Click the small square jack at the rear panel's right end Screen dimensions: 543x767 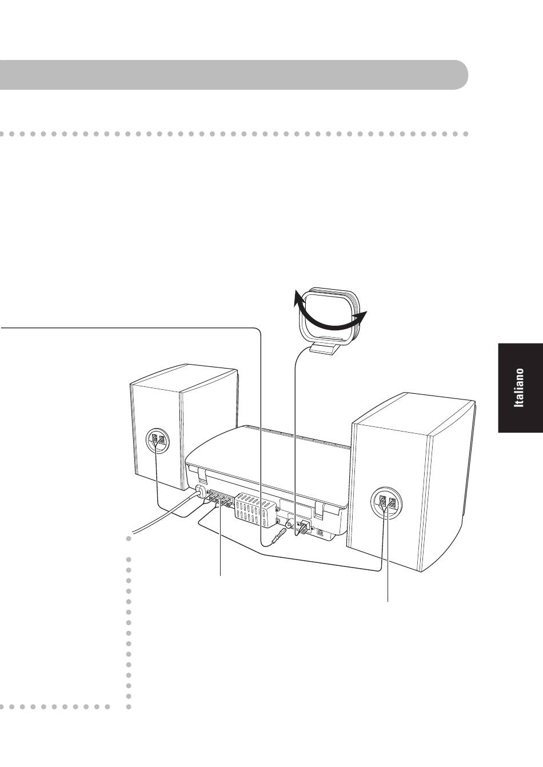pos(320,532)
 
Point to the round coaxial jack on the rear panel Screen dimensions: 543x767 pos(290,524)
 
